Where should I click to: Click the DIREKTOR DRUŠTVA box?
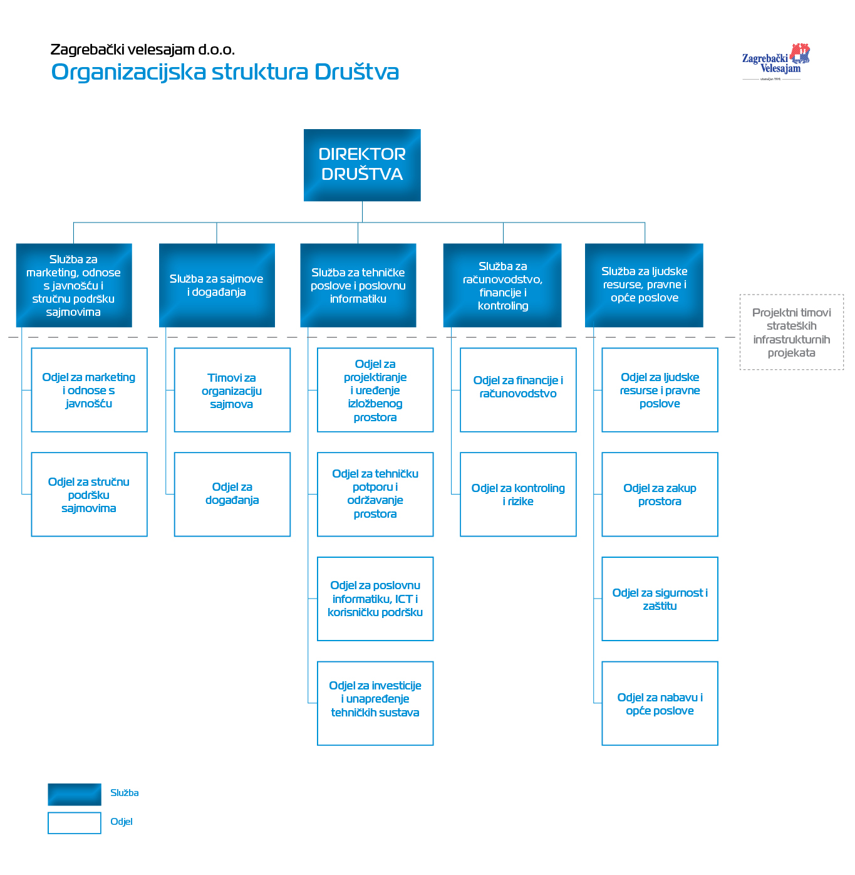(362, 165)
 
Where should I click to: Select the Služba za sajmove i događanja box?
(217, 285)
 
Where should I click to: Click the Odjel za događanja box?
(232, 494)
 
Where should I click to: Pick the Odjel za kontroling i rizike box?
(518, 494)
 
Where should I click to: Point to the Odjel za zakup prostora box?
(660, 494)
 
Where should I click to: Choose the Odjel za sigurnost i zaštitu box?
(660, 599)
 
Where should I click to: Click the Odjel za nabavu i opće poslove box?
(660, 703)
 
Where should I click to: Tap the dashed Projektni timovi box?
(792, 332)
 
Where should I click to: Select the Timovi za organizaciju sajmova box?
(232, 390)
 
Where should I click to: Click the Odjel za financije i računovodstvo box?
(518, 390)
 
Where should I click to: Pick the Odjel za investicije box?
(375, 703)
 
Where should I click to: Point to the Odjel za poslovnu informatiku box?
(375, 599)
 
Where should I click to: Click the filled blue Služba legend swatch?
(75, 794)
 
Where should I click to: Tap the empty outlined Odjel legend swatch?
(75, 823)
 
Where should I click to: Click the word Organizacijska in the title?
(128, 72)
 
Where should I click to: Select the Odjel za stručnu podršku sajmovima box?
(89, 494)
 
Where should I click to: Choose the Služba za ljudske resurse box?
(644, 285)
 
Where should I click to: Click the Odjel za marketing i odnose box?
(89, 390)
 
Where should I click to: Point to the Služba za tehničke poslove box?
(358, 285)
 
